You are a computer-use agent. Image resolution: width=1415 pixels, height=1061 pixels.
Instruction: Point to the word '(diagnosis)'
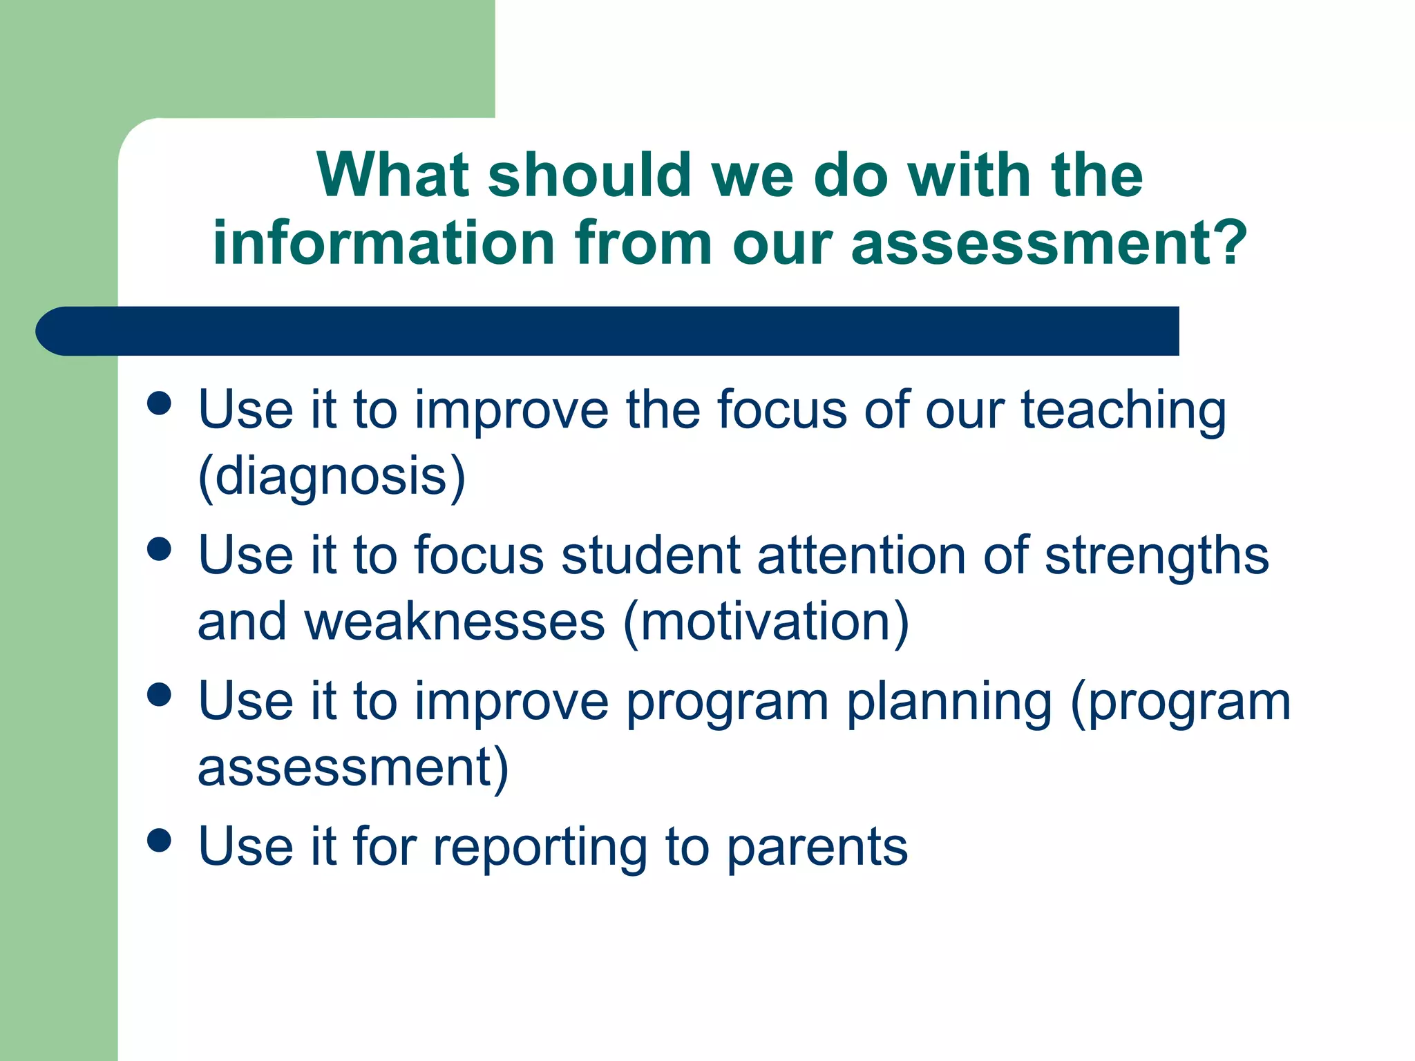coord(332,477)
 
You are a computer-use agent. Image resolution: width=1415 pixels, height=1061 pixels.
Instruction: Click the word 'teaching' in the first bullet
coord(1123,411)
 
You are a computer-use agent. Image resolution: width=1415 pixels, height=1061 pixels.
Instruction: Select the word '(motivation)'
coord(766,622)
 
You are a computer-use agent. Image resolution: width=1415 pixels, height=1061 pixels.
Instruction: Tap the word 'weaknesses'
coord(455,622)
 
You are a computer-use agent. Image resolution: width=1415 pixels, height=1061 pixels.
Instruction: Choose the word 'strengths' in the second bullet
coord(1157,556)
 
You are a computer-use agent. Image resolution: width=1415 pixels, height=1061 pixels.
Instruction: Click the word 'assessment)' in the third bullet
coord(353,768)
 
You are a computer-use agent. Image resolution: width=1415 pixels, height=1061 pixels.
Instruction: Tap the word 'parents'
coord(817,848)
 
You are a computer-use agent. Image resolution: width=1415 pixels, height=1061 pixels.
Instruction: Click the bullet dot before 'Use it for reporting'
coord(160,841)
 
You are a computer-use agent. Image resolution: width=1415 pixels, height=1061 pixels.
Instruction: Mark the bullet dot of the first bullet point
coord(160,403)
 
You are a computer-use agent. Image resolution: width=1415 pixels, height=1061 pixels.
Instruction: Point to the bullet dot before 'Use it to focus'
coord(160,549)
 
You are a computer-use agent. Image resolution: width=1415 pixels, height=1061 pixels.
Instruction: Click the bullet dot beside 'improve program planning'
coord(160,695)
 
